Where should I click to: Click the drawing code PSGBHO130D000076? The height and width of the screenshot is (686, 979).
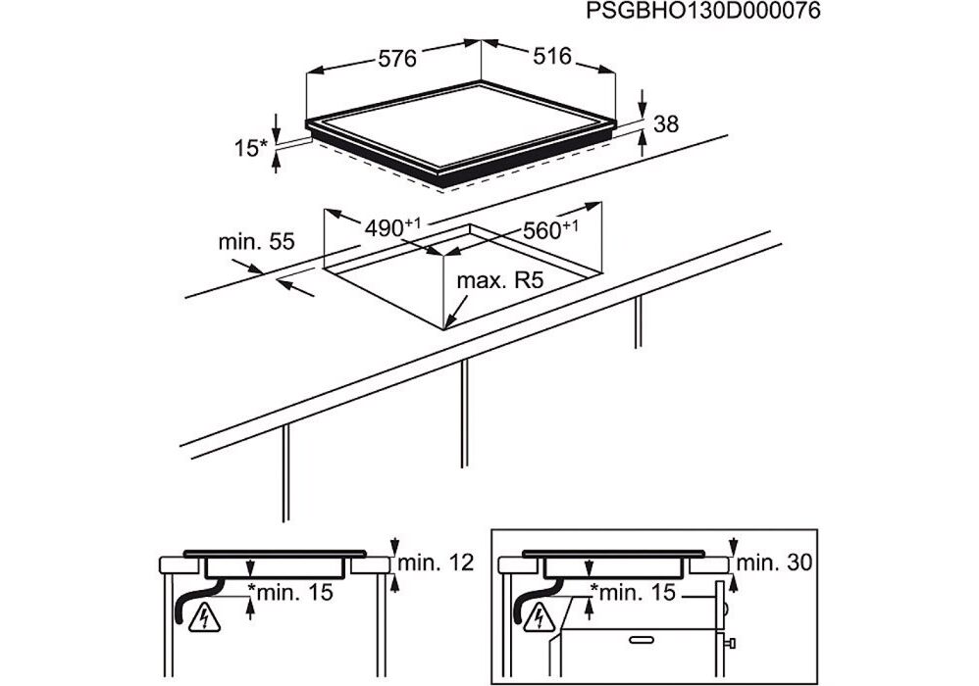703,11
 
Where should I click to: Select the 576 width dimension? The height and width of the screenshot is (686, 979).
397,59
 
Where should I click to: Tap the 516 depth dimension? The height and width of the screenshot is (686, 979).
552,56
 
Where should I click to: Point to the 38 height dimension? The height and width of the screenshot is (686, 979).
665,124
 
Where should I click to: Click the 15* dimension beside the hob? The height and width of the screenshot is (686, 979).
250,148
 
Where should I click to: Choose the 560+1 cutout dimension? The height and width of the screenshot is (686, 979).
550,229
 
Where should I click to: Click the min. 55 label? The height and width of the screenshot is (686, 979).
256,242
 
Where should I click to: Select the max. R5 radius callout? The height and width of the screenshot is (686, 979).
500,280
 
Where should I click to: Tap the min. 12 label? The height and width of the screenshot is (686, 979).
436,563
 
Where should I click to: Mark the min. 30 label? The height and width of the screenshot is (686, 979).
774,563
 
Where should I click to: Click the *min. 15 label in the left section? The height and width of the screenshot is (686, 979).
290,592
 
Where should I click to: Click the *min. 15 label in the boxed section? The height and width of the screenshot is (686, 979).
633,592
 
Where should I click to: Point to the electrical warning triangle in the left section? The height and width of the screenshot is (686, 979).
203,617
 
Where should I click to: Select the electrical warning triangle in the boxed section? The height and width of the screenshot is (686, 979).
538,617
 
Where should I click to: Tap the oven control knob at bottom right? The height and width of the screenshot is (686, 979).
729,643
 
